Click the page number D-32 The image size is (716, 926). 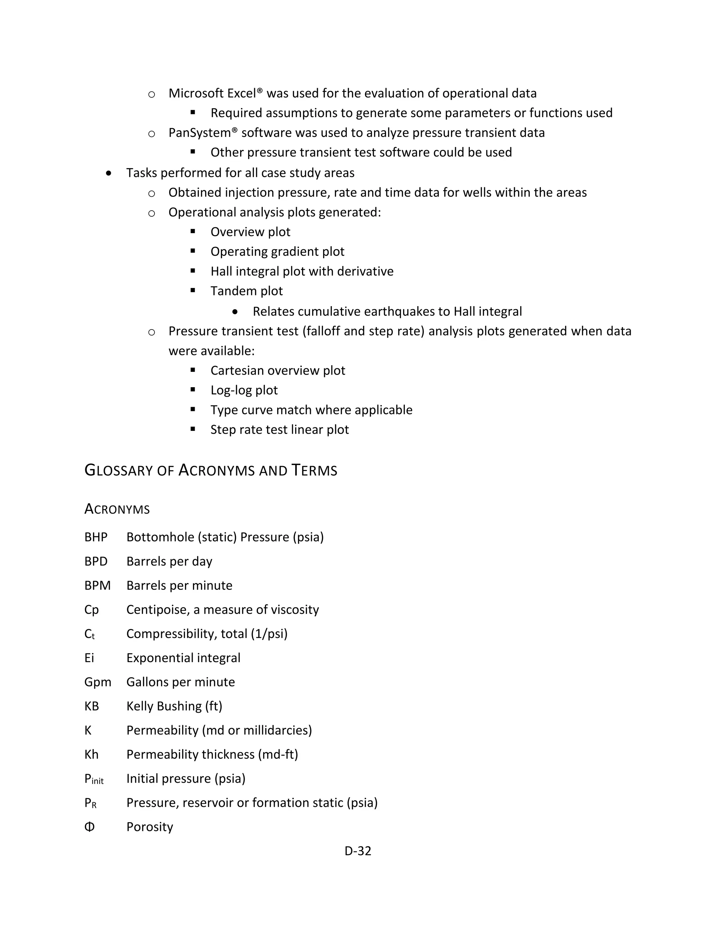click(x=358, y=851)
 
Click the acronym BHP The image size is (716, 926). click(x=96, y=537)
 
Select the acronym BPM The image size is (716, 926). click(x=97, y=586)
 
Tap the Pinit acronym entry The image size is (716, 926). click(x=94, y=779)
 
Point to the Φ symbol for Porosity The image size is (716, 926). click(x=89, y=827)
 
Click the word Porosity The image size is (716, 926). click(x=150, y=827)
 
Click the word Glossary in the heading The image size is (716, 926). click(x=120, y=470)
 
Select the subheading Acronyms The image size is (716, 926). click(x=117, y=509)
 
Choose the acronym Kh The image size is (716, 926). click(x=91, y=754)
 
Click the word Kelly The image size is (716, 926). click(x=139, y=706)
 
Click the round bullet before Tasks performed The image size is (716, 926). click(x=109, y=173)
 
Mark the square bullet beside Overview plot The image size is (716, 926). click(x=193, y=231)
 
